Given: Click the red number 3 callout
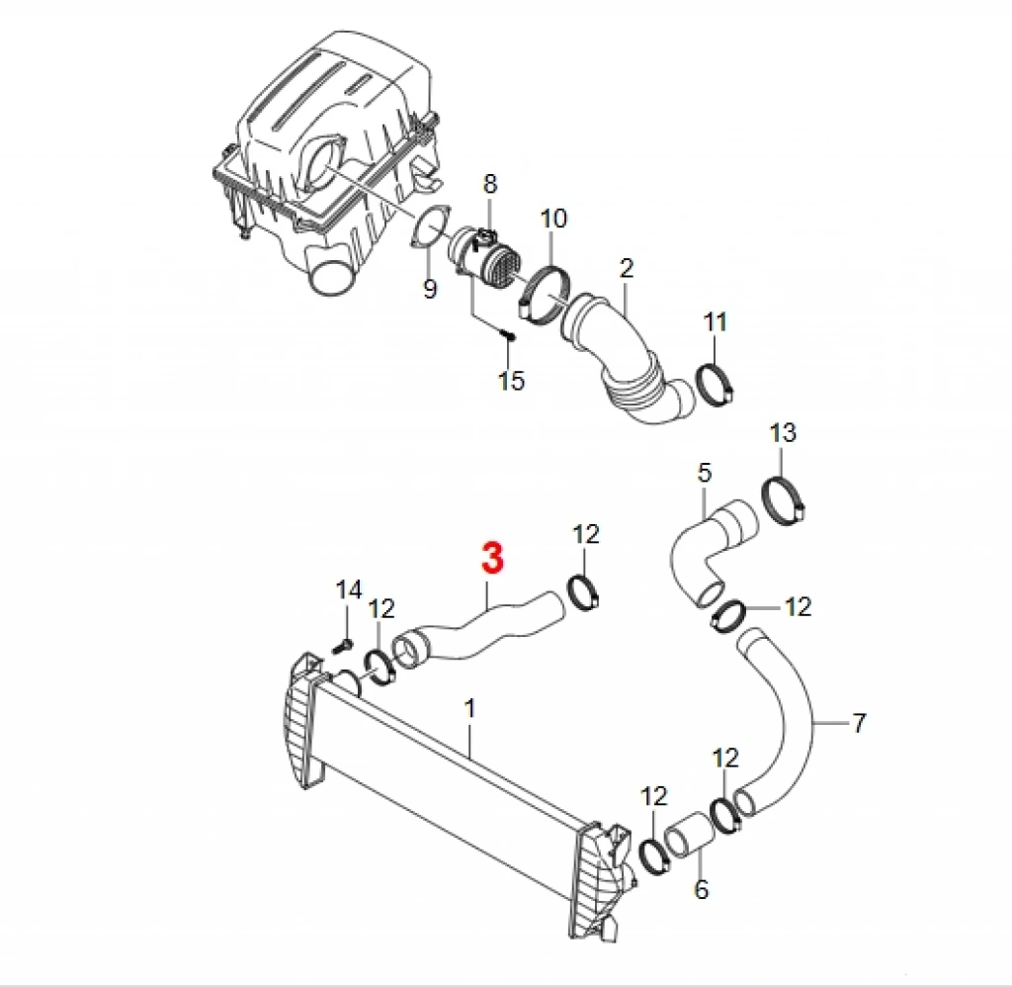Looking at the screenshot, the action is pos(492,558).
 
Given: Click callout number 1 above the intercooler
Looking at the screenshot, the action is pos(469,708).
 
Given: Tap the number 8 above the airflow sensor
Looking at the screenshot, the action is pos(490,184).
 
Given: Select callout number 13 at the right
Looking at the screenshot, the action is pos(783,432).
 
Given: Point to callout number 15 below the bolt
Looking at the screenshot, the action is pos(511,380).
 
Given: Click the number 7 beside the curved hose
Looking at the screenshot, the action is pos(858,723).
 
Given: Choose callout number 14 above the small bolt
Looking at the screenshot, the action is pos(349,589).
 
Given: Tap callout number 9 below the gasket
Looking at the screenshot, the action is pos(430,288).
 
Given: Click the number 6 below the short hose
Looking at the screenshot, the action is pos(701,889).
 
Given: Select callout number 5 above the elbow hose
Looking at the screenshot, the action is pos(704,473).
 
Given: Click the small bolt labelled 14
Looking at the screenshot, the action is pos(343,645).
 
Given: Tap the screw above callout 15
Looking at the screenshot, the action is pos(508,335).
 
